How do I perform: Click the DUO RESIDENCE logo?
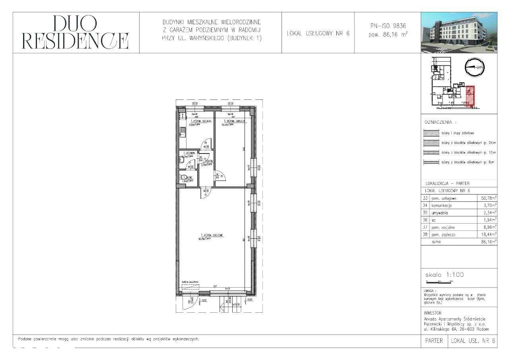[x=76, y=33]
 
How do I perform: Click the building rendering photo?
[x=458, y=33]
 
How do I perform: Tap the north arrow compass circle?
[x=475, y=68]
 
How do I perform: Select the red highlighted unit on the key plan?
[x=470, y=96]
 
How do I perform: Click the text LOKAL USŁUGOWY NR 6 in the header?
[x=318, y=33]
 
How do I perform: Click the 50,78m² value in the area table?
[x=487, y=198]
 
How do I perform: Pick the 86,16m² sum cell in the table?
[x=487, y=241]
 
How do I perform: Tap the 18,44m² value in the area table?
[x=487, y=235]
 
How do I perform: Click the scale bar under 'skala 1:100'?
[x=438, y=281]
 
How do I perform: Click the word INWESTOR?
[x=433, y=313]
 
